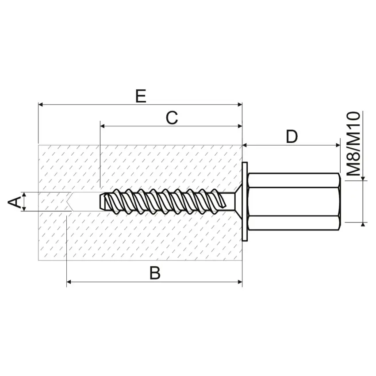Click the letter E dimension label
coord(141,96)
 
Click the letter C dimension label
coord(172,118)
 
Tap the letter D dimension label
coord(292,137)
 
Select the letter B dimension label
coord(155,273)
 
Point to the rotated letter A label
coord(15,202)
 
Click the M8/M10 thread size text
coord(354,144)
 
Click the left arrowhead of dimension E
coord(41,104)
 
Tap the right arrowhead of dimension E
coord(240,104)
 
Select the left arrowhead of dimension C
coord(103,126)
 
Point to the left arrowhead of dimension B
coord(69,282)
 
